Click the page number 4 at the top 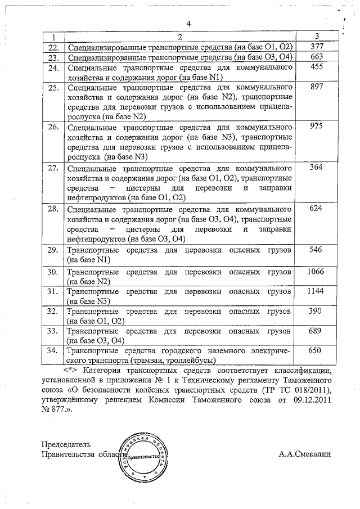pos(189,24)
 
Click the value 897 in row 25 pos(316,87)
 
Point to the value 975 pos(316,127)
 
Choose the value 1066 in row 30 pos(316,272)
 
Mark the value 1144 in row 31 pos(316,291)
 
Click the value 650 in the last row pos(316,350)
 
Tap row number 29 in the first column pos(53,249)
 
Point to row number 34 pos(53,350)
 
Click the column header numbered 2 pos(181,36)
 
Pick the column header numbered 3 pos(317,36)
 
